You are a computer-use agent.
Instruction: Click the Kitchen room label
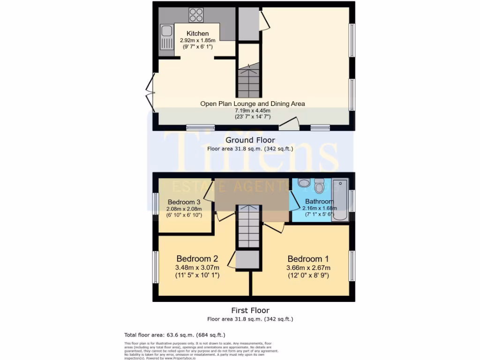[197, 33]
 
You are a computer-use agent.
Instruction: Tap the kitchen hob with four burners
[196, 15]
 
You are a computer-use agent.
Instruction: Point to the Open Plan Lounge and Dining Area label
[253, 104]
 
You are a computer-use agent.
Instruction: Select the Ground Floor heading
[250, 140]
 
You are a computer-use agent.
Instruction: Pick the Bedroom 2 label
[197, 259]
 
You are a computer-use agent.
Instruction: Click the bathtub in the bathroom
[339, 200]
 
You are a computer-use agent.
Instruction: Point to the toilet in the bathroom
[320, 186]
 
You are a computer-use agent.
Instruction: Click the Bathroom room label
[320, 202]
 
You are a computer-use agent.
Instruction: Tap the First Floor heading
[250, 310]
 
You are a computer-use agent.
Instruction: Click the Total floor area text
[174, 335]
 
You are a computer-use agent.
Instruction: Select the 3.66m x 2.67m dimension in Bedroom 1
[308, 268]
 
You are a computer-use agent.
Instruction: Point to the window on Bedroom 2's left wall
[155, 267]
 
